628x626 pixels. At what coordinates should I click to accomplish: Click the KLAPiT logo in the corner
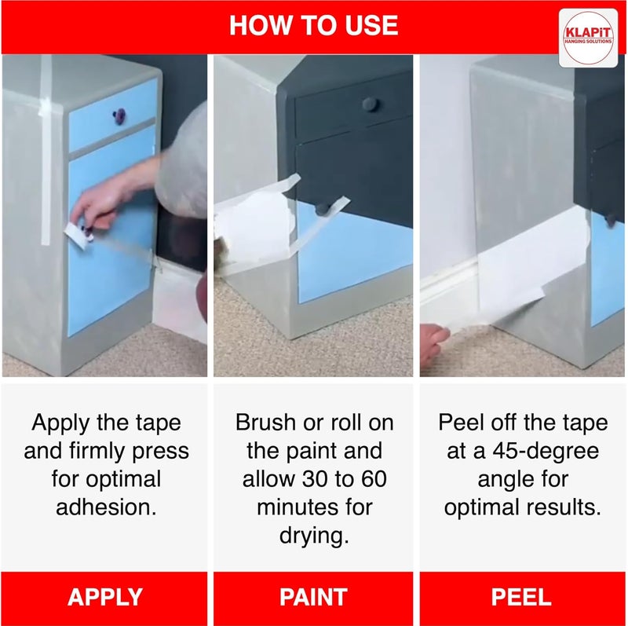(588, 38)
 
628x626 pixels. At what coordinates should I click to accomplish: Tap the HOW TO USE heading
(313, 25)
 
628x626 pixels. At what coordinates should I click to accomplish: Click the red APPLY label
(105, 597)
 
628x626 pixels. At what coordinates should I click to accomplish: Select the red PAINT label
(313, 597)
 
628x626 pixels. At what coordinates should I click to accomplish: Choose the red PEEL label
(521, 597)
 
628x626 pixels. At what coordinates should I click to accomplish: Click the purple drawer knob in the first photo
(119, 116)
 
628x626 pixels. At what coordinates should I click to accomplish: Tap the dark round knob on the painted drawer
(370, 104)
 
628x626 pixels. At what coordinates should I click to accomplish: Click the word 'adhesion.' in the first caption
(106, 507)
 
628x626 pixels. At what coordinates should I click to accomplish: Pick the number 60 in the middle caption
(374, 479)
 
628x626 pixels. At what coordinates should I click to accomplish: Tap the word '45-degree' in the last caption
(546, 452)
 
